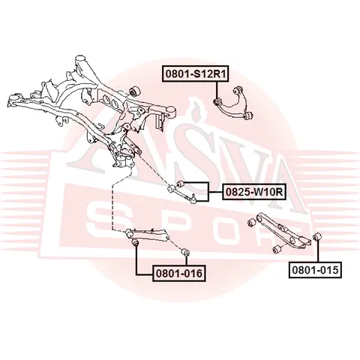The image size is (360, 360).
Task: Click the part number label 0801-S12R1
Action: click(196, 73)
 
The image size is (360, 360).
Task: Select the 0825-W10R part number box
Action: click(254, 192)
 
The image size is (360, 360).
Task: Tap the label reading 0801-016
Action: click(179, 273)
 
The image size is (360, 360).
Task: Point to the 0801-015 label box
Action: click(315, 270)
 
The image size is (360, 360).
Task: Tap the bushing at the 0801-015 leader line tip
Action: click(316, 236)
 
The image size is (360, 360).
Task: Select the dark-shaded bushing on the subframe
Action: click(136, 91)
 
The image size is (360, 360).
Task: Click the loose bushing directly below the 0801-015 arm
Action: click(276, 250)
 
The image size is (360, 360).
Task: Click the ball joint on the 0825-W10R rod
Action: click(193, 198)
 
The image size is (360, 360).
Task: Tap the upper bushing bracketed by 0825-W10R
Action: click(180, 184)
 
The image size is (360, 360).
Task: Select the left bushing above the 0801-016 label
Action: click(135, 242)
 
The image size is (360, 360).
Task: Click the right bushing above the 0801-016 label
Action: click(185, 252)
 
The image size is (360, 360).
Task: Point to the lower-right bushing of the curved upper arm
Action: click(249, 115)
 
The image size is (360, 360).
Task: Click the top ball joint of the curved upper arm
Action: click(238, 89)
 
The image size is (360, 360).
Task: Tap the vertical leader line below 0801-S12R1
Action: click(217, 90)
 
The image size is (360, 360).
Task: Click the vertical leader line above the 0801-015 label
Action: click(317, 250)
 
